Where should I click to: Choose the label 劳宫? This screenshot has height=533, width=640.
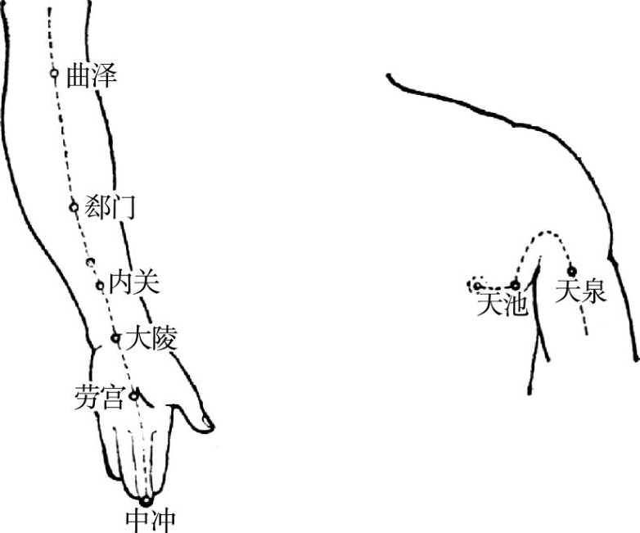click(x=98, y=399)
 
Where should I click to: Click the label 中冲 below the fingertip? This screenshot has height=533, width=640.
click(x=149, y=519)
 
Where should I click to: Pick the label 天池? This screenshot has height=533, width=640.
click(x=499, y=304)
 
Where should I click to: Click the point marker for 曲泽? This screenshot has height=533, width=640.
click(x=54, y=74)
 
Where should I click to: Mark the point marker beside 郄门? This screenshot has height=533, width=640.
click(x=73, y=206)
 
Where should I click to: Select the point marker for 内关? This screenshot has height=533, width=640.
click(x=99, y=285)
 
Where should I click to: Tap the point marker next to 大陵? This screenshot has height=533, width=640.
click(x=115, y=337)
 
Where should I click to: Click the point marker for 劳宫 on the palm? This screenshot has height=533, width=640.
click(x=134, y=395)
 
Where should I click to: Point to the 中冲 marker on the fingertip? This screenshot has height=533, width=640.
click(x=146, y=500)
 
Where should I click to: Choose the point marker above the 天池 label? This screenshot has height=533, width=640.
click(x=515, y=285)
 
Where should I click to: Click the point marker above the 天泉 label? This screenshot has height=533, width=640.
click(x=571, y=271)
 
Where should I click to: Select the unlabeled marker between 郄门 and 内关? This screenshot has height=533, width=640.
click(x=90, y=263)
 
